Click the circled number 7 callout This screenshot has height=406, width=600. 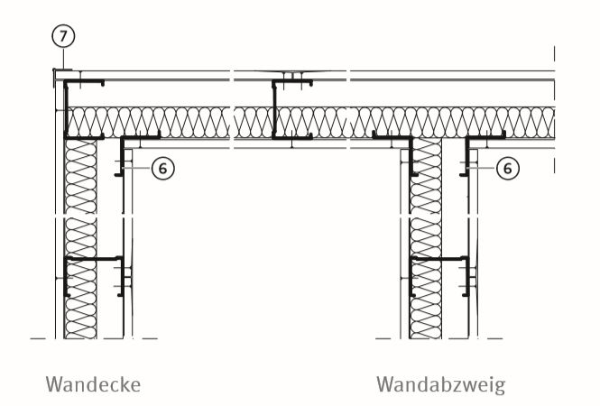coord(63,36)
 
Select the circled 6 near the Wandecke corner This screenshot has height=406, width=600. coord(163,168)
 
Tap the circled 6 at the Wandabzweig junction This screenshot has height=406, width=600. coord(507,168)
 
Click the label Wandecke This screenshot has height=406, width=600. coord(93,384)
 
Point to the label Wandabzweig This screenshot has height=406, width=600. coord(441,385)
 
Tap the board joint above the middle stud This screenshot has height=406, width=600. coord(292,72)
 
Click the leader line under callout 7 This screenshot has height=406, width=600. coord(63,59)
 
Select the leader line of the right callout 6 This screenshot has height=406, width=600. coord(482,168)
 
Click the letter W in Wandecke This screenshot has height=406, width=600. coord(54,384)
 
